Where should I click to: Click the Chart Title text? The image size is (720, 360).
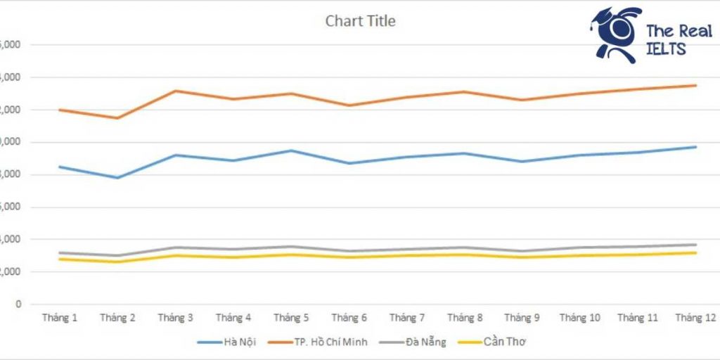(x=360, y=21)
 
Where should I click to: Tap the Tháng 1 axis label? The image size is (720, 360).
(x=60, y=318)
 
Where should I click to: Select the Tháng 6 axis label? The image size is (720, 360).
(x=349, y=318)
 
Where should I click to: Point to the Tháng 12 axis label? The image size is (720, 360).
(x=695, y=318)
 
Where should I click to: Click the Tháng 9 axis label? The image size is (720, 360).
(x=522, y=318)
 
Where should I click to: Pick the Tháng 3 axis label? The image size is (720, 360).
(x=176, y=318)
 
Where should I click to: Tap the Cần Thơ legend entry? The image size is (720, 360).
(x=502, y=342)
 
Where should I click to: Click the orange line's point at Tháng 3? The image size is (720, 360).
(x=176, y=91)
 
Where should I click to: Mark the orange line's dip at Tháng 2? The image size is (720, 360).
(x=117, y=118)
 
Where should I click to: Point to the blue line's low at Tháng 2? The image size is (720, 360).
(x=117, y=177)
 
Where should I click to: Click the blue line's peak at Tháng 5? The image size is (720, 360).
(x=291, y=150)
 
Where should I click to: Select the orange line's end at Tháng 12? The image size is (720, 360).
(x=695, y=86)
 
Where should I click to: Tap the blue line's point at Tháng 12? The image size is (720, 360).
(x=695, y=147)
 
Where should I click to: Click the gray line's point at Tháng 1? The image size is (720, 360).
(x=60, y=252)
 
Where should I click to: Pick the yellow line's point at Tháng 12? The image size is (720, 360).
(x=695, y=252)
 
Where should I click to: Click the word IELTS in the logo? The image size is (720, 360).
(x=666, y=49)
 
